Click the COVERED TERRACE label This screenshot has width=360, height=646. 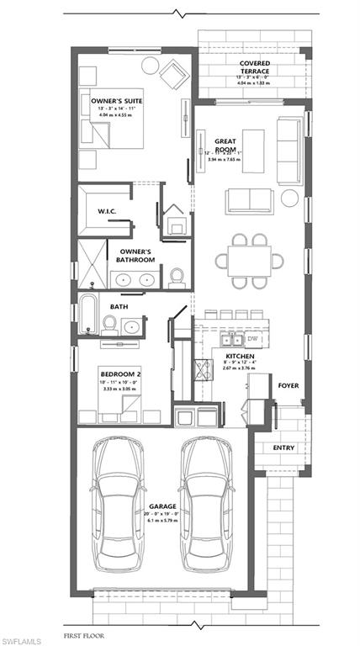pyautogui.click(x=253, y=67)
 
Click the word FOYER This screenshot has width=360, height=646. pyautogui.click(x=289, y=385)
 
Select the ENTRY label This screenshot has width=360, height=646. pyautogui.click(x=283, y=447)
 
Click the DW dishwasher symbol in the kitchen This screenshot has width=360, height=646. pyautogui.click(x=252, y=339)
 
